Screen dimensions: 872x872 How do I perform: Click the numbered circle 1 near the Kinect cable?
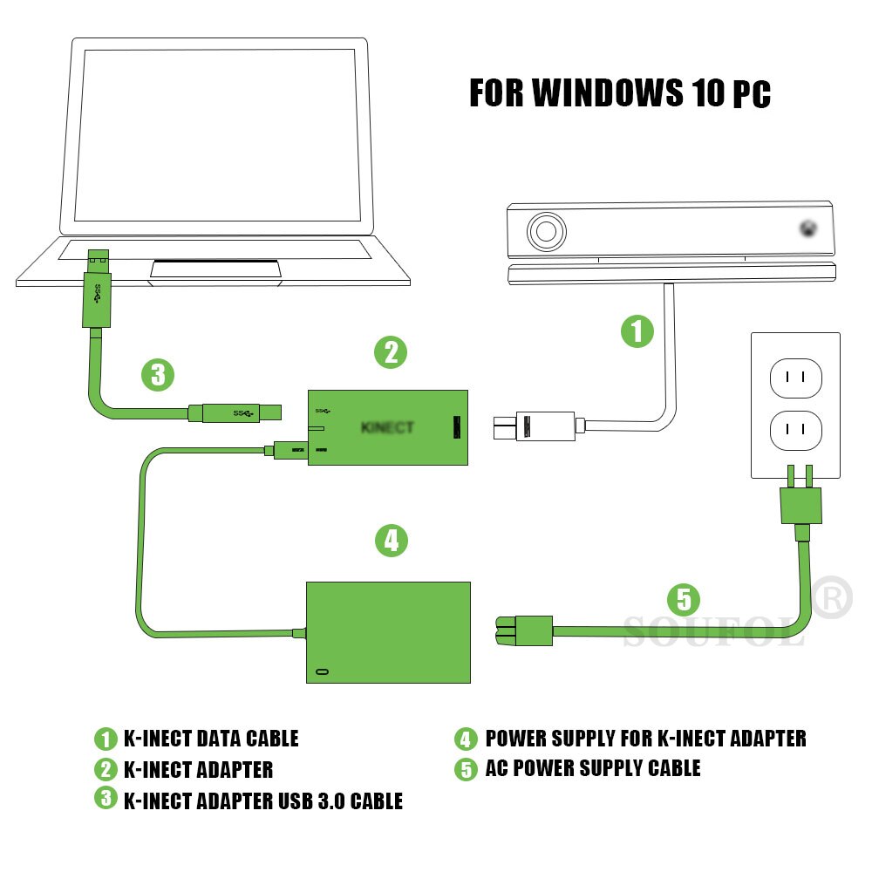coord(637,331)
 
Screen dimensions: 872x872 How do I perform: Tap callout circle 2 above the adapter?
coord(391,352)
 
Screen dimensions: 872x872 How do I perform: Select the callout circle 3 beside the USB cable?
coord(158,376)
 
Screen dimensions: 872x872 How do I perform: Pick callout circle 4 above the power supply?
coord(392,541)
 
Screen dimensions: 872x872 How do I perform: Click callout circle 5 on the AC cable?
coord(684,599)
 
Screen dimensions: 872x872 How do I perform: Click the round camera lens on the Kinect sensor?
coord(547,232)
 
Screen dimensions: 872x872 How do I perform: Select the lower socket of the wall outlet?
coord(795,430)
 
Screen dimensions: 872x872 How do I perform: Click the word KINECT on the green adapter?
coord(387,427)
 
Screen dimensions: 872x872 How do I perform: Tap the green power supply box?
coord(388,631)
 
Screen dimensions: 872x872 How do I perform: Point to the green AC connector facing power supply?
coord(524,630)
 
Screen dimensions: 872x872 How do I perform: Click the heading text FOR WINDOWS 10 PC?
coord(619,93)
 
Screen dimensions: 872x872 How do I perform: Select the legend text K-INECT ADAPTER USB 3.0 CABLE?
coord(262,800)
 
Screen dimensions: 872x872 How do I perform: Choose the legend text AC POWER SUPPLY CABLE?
coord(592,768)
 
